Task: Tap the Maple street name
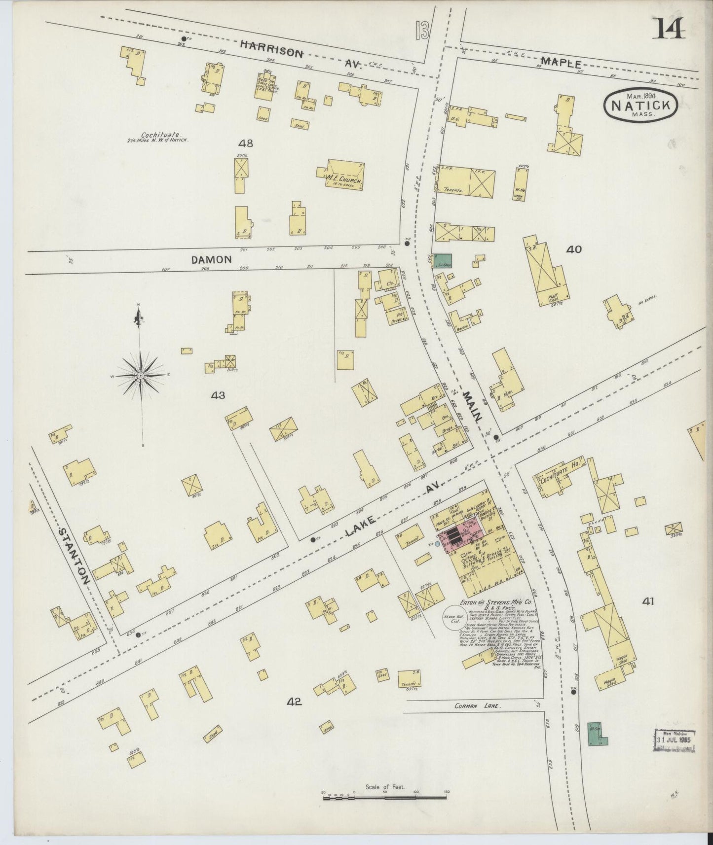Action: [562, 63]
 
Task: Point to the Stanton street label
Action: [74, 556]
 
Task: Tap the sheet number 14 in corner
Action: [670, 28]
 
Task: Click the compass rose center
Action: [141, 376]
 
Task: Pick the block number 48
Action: [245, 143]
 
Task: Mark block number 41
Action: [648, 601]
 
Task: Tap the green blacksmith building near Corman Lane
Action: [597, 735]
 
